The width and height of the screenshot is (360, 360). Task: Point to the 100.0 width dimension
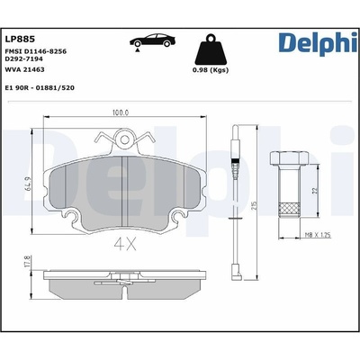(x=121, y=113)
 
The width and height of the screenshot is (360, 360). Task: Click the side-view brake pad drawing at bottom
(x=125, y=283)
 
